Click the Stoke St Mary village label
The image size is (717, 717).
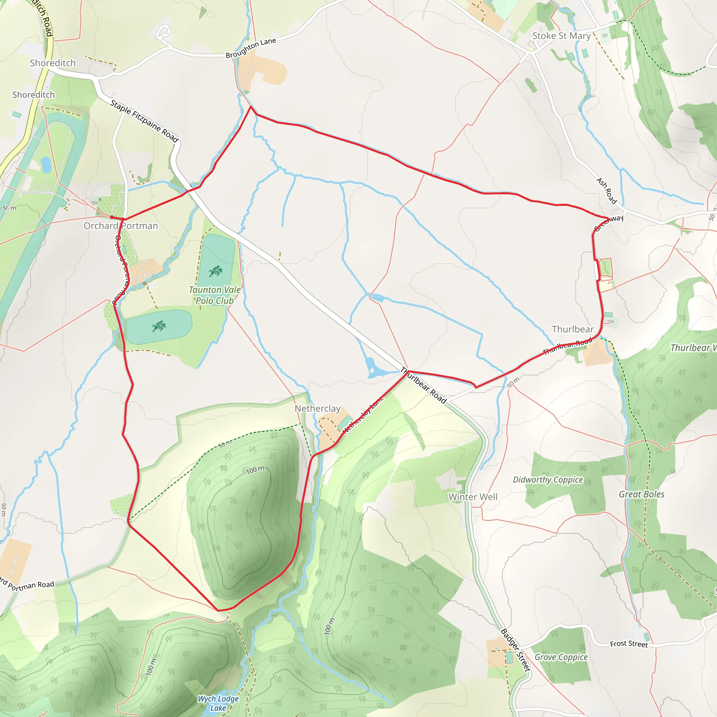561,36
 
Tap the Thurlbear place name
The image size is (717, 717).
573,329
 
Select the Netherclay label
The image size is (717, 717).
317,409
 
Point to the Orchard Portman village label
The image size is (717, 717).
121,226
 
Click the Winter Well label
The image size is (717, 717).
473,497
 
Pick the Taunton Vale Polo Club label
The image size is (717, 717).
215,295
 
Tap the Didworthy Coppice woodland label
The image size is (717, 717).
548,480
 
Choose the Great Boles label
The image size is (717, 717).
642,494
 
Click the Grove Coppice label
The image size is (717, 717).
561,657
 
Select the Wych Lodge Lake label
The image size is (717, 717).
218,703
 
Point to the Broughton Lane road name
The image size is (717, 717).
251,48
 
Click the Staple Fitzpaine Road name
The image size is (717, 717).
144,121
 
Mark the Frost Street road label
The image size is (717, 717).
629,644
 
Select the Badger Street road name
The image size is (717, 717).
515,650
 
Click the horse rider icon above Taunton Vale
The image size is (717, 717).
215,271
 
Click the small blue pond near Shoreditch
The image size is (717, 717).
46,165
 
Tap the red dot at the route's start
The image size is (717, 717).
112,217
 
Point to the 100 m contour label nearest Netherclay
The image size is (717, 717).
255,470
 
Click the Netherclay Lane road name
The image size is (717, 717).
363,415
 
